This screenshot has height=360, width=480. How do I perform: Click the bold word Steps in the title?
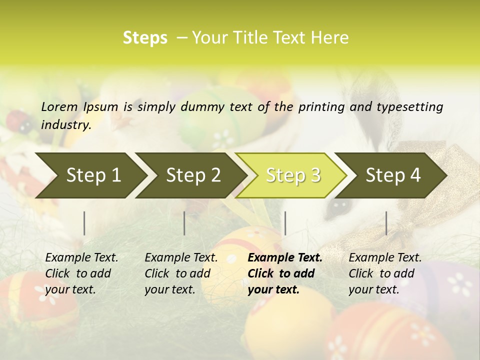pos(145,38)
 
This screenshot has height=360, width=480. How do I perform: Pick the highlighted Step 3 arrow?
pos(293,175)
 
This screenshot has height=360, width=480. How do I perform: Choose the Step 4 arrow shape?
pos(393,175)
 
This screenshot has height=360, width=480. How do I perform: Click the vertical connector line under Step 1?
pos(84,223)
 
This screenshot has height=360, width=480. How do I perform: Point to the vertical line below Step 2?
pos(184,223)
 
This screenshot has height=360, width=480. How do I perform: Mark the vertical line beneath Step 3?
pos(285,223)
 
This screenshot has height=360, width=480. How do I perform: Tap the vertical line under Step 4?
pos(386,223)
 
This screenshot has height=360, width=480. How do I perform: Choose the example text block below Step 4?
pos(385,273)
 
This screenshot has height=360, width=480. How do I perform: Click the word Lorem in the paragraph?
pos(59,106)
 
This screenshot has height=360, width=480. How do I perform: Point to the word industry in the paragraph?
pos(65,124)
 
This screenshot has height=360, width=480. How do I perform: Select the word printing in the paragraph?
pos(320,106)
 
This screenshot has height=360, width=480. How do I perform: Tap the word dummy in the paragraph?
pos(204,106)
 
